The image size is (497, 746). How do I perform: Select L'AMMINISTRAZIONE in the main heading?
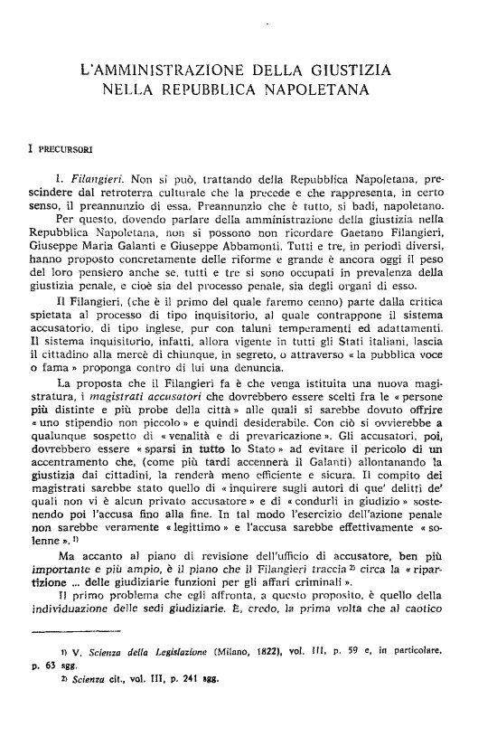pos(156,70)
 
